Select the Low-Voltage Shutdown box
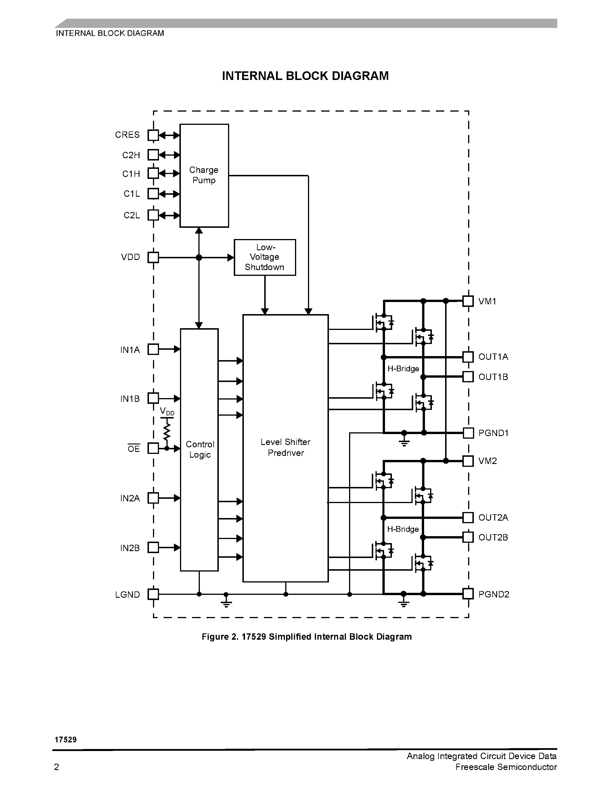click(x=265, y=257)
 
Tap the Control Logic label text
click(x=200, y=450)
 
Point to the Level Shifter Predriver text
click(x=286, y=447)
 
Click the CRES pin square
click(x=153, y=135)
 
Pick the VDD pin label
click(x=130, y=257)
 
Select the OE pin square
click(x=153, y=448)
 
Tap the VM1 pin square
click(x=468, y=301)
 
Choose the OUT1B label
click(x=493, y=377)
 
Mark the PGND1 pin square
click(x=468, y=433)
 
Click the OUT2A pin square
click(x=468, y=517)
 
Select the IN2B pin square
click(x=153, y=547)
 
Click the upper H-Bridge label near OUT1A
click(x=403, y=369)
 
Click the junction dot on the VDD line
click(x=199, y=257)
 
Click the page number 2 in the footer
click(x=56, y=767)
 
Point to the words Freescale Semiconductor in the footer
click(x=506, y=767)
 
